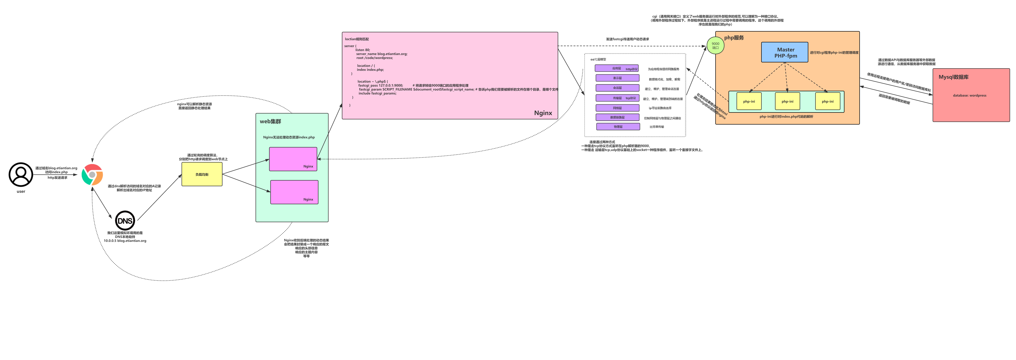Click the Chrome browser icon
tap(92, 175)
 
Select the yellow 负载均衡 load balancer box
tap(202, 174)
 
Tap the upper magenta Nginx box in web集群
tap(293, 159)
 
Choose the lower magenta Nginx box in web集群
tap(294, 192)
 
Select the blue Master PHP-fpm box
tap(785, 52)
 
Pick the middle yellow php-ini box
tap(787, 101)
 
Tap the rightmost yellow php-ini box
tap(827, 101)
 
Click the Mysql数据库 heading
tap(953, 77)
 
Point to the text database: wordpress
tap(970, 95)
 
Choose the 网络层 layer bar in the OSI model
tap(617, 108)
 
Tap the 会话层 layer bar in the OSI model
tap(617, 88)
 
